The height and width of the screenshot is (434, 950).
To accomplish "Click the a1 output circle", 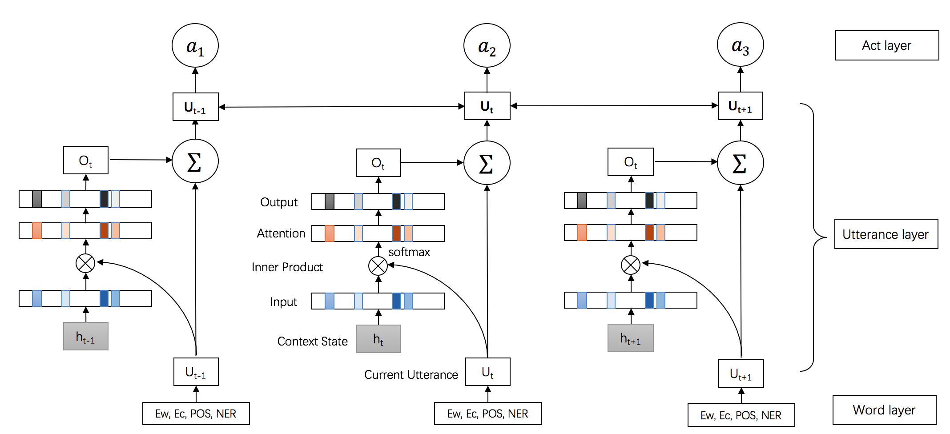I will coord(195,46).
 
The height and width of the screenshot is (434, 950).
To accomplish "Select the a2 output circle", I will coord(487,46).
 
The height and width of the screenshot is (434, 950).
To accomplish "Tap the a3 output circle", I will coord(740,45).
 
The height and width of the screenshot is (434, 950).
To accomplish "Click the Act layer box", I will coord(887,45).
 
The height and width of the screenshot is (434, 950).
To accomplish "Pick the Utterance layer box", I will coord(886,234).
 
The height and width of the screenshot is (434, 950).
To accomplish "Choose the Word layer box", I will coord(884,410).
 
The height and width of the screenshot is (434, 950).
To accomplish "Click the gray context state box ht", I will coord(378,339).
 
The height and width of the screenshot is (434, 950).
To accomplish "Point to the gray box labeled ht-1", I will coord(85,336).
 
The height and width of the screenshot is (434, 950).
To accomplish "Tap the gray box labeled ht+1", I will coord(630,338).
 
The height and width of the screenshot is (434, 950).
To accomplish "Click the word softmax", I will coord(409,252).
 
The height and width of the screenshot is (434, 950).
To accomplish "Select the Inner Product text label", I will coord(287,267).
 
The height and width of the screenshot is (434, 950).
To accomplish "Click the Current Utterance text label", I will coord(411,374).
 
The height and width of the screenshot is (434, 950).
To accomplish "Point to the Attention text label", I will coord(281,233).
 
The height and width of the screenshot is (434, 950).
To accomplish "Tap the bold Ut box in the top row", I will coord(487,106).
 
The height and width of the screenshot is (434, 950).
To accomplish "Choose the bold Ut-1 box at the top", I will coord(195,107).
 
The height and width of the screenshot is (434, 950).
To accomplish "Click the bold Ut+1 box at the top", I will coord(740,106).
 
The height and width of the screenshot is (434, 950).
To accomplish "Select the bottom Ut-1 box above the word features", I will coord(196,372).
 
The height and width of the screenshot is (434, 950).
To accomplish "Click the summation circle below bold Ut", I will coord(487,163).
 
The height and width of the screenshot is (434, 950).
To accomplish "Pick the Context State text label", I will coord(312,341).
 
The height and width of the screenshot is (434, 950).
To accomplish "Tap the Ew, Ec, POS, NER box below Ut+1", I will coord(741,415).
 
